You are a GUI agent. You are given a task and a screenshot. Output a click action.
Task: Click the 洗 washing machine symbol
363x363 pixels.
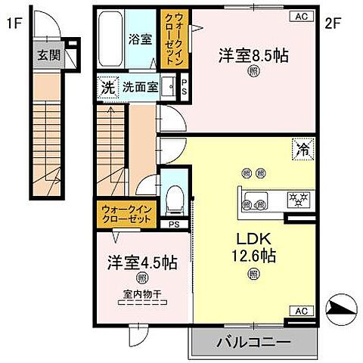coord(107,88)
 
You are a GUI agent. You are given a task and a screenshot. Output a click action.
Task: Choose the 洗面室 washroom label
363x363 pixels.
coord(140,88)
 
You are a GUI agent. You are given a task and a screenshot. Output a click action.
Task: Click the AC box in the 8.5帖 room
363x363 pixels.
coord(300,16)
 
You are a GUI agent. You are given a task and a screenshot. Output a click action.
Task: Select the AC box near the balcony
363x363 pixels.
coord(300,311)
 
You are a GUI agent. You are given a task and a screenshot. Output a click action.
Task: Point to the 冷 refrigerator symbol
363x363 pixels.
coord(301,150)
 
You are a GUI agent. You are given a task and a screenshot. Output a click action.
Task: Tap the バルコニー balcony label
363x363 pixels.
coord(254,343)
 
